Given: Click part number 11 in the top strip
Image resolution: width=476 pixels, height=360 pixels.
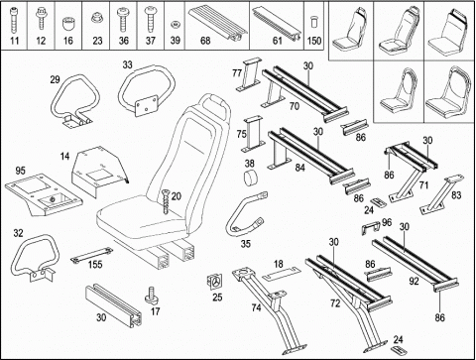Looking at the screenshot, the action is click(14, 41).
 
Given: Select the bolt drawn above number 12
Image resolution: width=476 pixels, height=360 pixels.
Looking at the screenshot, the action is click(41, 19).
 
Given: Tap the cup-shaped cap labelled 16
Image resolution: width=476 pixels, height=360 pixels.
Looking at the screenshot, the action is click(67, 24).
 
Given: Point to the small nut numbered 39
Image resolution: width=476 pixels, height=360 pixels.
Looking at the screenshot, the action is click(176, 25).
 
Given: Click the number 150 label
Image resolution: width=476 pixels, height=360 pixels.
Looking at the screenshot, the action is click(314, 41).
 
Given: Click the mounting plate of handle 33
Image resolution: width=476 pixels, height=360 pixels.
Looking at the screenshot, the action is click(146, 105).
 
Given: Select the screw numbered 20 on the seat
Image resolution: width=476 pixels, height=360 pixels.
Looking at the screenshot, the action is click(166, 201).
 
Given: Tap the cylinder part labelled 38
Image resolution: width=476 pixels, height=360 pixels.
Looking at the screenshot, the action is click(252, 178).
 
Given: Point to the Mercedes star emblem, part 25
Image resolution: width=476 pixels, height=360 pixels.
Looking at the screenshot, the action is click(215, 282).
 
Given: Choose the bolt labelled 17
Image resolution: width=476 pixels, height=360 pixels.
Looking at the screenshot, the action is click(152, 296).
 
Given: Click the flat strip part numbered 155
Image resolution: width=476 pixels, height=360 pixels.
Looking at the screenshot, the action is click(91, 254).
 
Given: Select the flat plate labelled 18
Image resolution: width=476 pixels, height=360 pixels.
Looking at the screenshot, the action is click(282, 273).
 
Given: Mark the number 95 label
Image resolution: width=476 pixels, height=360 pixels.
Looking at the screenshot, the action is click(21, 171).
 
